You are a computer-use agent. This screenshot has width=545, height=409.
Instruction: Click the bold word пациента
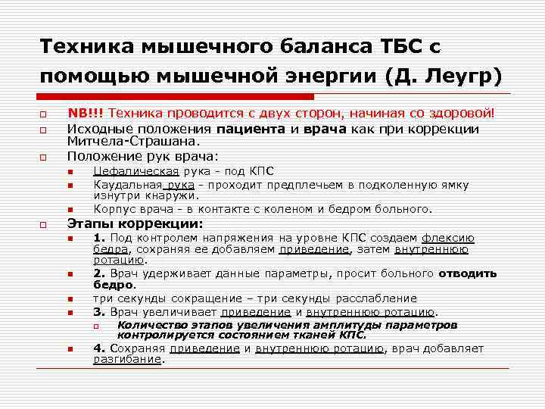click(x=252, y=128)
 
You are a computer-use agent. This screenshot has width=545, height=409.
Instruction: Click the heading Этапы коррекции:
click(x=135, y=224)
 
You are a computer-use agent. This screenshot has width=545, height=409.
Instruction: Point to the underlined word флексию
click(x=448, y=238)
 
